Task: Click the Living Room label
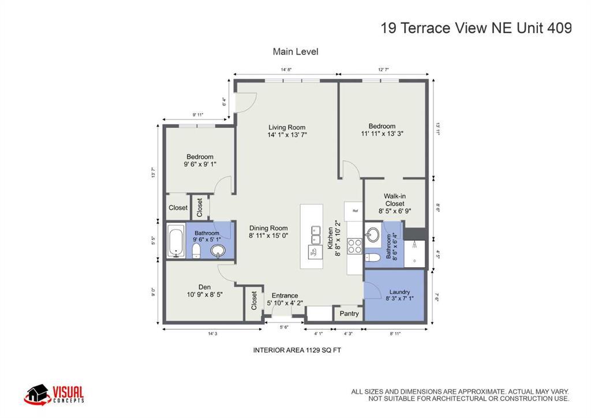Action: click(x=287, y=128)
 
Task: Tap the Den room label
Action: click(x=205, y=287)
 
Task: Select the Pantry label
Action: click(x=349, y=313)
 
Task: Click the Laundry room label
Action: click(x=399, y=292)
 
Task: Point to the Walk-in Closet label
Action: click(x=395, y=200)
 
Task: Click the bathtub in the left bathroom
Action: click(x=175, y=241)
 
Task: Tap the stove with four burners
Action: click(x=355, y=247)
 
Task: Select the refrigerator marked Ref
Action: click(x=354, y=211)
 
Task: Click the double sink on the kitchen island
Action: click(x=316, y=235)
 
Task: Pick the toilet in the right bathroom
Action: click(x=373, y=258)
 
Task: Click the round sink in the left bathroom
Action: click(x=218, y=250)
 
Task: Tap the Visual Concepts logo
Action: click(x=54, y=395)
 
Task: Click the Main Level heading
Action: click(x=295, y=51)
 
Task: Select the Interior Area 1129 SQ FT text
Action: click(x=297, y=350)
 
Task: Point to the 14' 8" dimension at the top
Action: click(x=286, y=69)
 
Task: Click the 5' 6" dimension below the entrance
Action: click(x=284, y=327)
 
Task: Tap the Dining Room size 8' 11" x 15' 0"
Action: click(x=268, y=236)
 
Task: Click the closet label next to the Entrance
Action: click(x=254, y=300)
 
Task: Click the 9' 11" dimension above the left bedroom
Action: click(x=197, y=114)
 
